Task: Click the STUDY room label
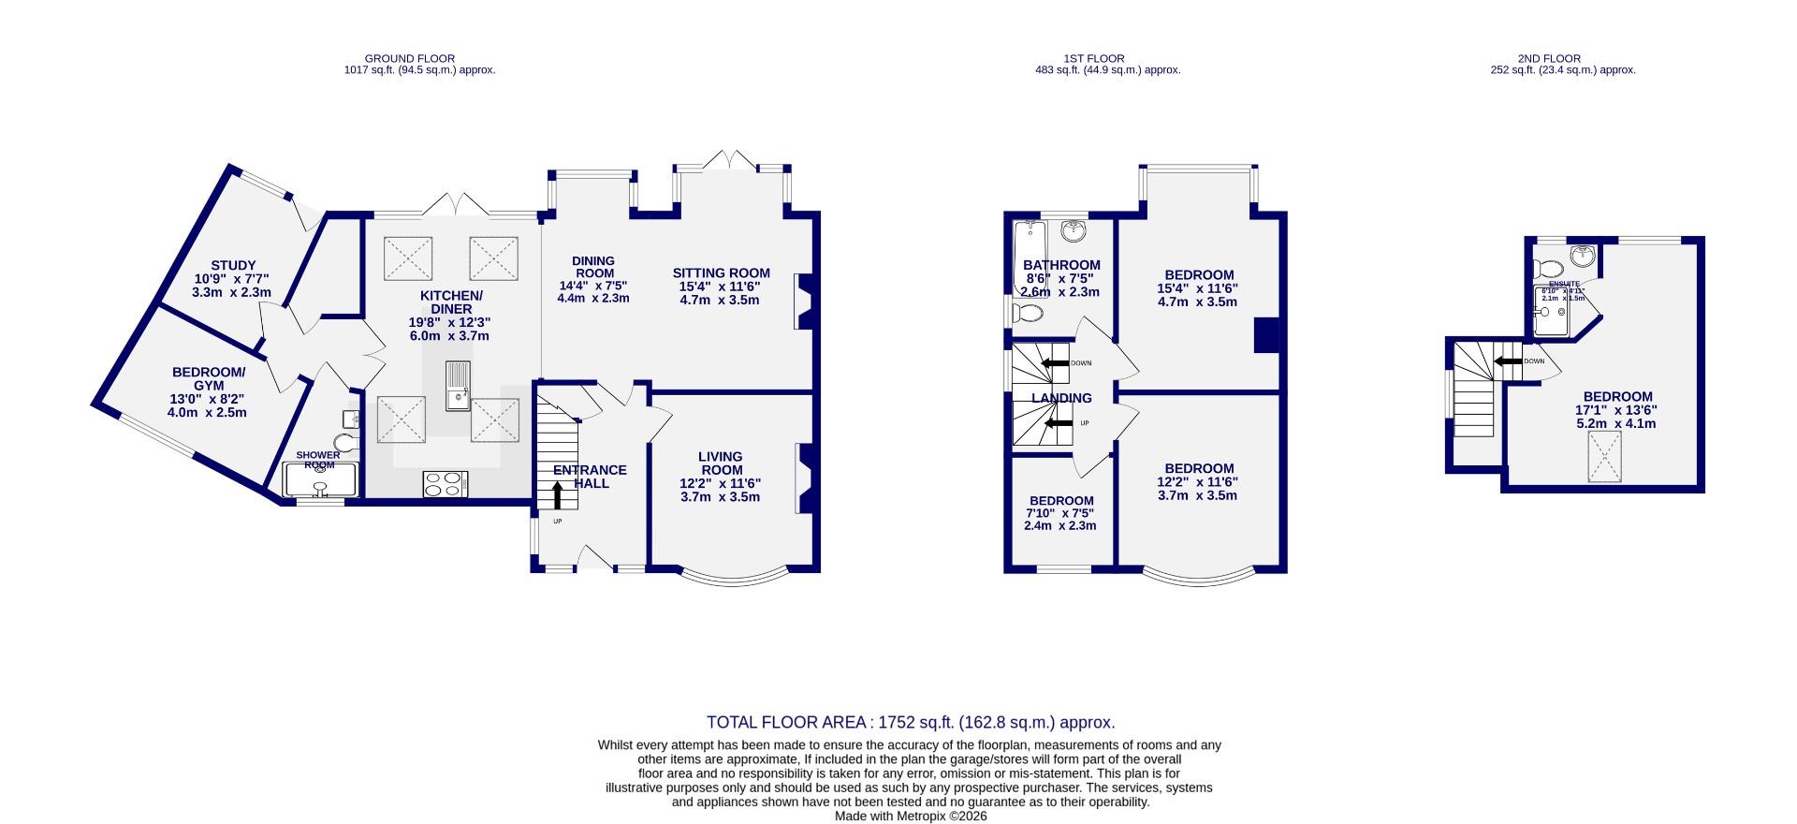pos(233,266)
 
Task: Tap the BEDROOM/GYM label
pos(209,379)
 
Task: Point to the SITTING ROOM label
pos(721,273)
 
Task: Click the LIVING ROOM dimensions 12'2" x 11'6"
pos(720,483)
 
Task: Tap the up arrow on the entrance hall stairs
pos(558,494)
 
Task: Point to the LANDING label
pos(1061,398)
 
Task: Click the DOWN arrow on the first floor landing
pos(1055,363)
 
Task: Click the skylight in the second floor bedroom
pos(1604,458)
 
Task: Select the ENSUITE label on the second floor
pos(1564,284)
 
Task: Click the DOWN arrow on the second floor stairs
pos(1508,360)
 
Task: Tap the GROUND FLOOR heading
pos(410,58)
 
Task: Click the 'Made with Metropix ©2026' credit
pos(911,816)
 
